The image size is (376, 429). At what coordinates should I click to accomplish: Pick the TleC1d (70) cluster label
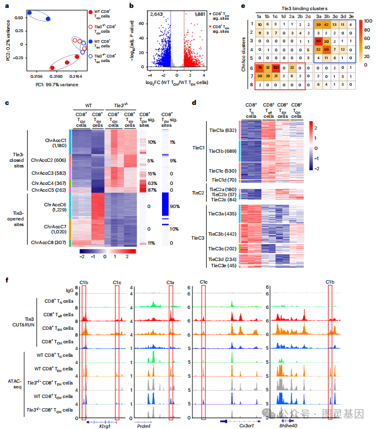click(222, 179)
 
